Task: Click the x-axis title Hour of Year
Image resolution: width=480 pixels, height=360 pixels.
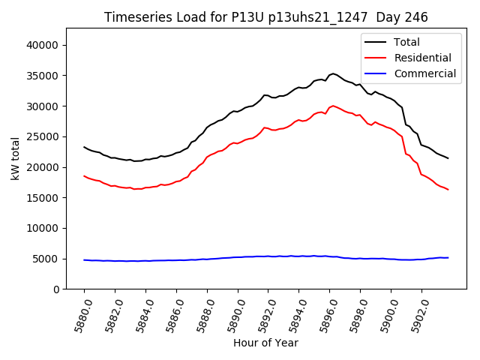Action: (265, 343)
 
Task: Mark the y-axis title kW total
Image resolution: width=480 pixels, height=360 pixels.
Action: (15, 159)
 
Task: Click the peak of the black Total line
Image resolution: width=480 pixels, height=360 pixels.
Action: (333, 73)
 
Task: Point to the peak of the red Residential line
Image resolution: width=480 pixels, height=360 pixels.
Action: (333, 106)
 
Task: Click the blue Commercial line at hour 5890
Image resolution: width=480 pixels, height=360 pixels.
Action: (238, 257)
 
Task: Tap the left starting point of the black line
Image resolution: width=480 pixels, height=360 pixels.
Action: (84, 147)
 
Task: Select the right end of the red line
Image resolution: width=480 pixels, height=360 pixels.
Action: (448, 189)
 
